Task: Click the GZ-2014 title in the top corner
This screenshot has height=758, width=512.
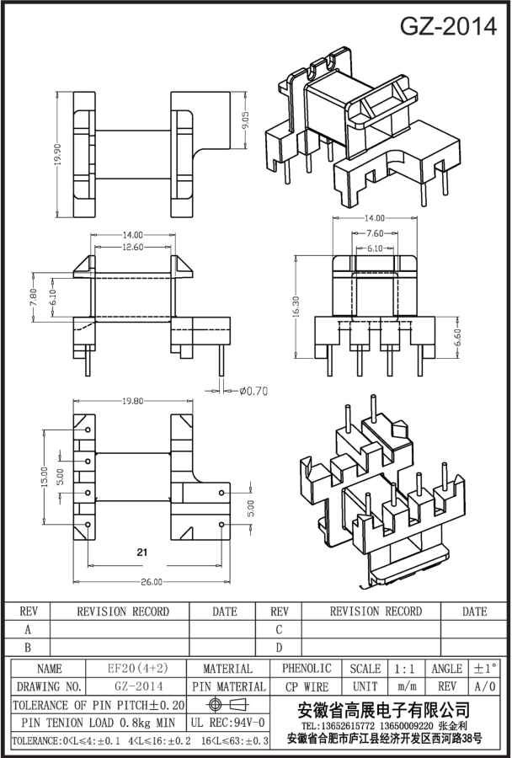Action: coord(448,27)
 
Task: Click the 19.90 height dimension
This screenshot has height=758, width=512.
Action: coord(57,155)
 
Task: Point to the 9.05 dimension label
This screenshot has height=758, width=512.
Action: coord(246,120)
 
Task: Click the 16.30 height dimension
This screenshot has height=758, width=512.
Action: coord(296,307)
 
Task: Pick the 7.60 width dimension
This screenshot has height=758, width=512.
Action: coord(376,233)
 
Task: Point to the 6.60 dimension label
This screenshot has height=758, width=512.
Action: coord(457,337)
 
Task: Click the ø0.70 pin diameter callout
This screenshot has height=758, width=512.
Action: coord(253,390)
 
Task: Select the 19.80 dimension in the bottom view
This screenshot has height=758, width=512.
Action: coord(132,401)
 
